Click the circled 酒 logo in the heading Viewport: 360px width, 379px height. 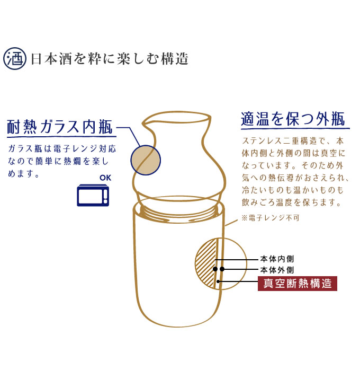pos(15,58)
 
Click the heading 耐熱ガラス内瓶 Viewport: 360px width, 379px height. pos(60,127)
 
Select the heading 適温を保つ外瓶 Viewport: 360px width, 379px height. pos(293,119)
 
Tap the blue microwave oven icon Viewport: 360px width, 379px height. pos(93,195)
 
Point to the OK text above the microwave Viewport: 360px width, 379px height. pos(105,178)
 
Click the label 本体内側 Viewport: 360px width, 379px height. pos(277,259)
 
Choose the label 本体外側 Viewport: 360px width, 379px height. pos(277,270)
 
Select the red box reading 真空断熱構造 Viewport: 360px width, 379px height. pos(298,283)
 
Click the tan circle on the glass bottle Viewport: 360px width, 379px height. pos(146,160)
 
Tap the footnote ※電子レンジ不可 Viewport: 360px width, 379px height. pos(271,218)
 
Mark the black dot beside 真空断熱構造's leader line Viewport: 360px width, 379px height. pos(218,281)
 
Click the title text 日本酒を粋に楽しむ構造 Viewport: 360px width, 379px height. pos(110,59)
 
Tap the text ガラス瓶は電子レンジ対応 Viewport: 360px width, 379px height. pos(62,148)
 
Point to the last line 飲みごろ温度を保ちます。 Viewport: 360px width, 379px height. pos(291,202)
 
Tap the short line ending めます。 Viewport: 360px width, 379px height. pos(23,173)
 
